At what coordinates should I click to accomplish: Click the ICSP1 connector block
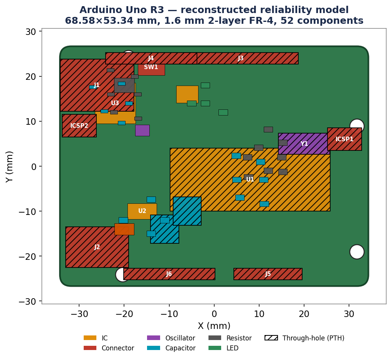pos(344,139)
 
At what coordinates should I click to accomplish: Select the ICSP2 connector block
pos(79,126)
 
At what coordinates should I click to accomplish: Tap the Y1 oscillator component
pos(304,144)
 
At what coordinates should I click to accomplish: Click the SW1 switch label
pos(151,67)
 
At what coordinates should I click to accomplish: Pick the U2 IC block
pos(142,211)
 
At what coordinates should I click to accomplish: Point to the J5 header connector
pos(268,274)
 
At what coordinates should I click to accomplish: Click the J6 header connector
pos(169,274)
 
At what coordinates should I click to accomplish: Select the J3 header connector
pos(248,58)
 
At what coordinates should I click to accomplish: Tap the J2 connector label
pos(97,247)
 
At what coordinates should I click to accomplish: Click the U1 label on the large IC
pos(250,179)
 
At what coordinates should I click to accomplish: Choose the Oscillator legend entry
pos(171,338)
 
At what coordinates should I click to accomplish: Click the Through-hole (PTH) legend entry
pos(304,338)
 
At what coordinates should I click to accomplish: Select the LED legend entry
pos(223,348)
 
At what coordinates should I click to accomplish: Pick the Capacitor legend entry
pos(171,348)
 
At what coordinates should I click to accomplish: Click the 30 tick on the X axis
pos(349,314)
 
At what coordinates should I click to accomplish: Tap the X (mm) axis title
pos(214,326)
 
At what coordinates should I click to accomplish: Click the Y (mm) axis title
pos(9,167)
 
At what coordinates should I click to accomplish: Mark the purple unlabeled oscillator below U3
pos(142,130)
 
